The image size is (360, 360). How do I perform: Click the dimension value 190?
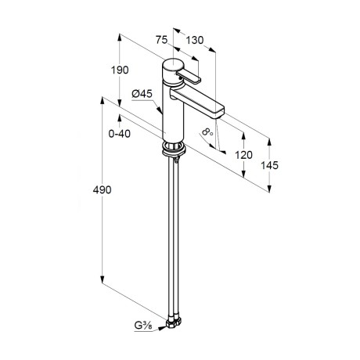click(120, 70)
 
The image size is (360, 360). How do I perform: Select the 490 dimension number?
click(102, 189)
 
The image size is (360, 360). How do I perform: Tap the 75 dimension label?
click(161, 40)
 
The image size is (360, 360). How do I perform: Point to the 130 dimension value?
click(195, 40)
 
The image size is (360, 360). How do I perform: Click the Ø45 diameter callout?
click(142, 94)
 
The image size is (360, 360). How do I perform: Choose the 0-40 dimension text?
click(120, 134)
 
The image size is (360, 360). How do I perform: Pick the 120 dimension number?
click(243, 155)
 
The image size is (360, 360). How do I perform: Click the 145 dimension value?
click(270, 165)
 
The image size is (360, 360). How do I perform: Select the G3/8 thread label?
click(143, 326)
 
